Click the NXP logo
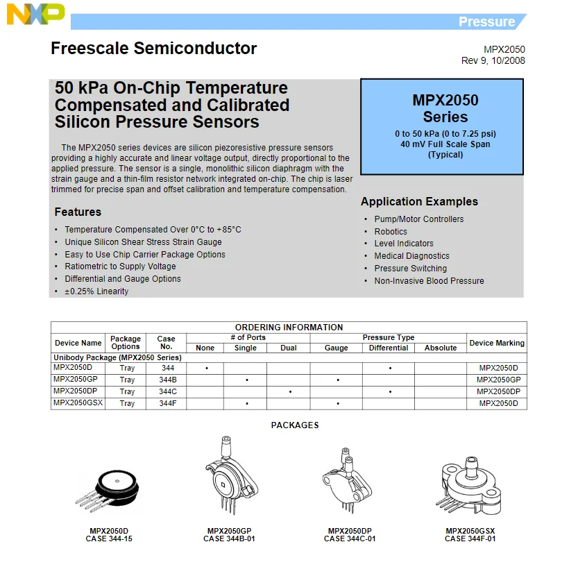click(35, 13)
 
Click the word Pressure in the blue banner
click(486, 22)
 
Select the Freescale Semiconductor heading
click(153, 49)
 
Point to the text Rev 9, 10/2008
click(493, 60)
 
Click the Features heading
click(78, 212)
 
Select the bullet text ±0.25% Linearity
click(96, 291)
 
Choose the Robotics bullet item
click(391, 232)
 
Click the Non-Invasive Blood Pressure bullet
click(429, 281)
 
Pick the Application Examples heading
click(419, 202)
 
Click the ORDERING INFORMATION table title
click(289, 328)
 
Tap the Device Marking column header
click(497, 343)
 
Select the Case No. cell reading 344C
click(167, 391)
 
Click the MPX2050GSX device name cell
click(78, 402)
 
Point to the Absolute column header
click(441, 348)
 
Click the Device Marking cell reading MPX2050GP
click(498, 380)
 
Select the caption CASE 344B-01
click(229, 539)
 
